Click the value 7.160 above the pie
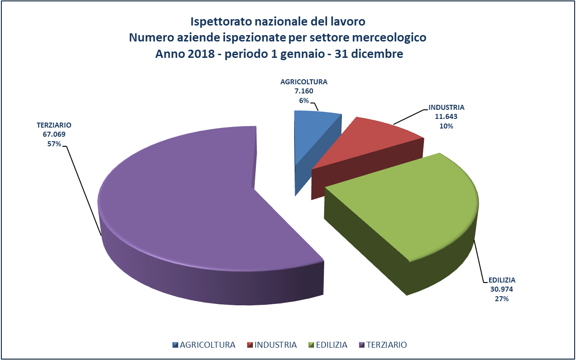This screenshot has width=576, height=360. tap(304, 91)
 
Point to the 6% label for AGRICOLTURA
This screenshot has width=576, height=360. tap(304, 100)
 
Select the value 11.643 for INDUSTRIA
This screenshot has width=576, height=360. tap(446, 117)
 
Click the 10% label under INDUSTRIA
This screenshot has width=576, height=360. tap(446, 126)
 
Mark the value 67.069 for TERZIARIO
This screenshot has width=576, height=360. tap(54, 135)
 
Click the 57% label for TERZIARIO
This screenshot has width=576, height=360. tap(54, 144)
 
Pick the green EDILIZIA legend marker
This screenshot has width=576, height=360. tap(311, 345)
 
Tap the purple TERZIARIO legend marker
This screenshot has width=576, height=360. tap(362, 345)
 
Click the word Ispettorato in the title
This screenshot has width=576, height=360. tap(219, 21)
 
